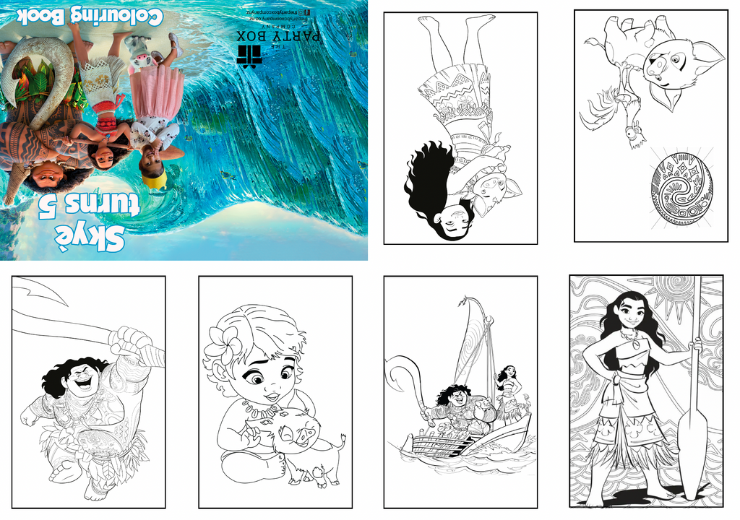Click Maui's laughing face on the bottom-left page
pyautogui.click(x=83, y=379)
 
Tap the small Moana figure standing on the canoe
pyautogui.click(x=509, y=394)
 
